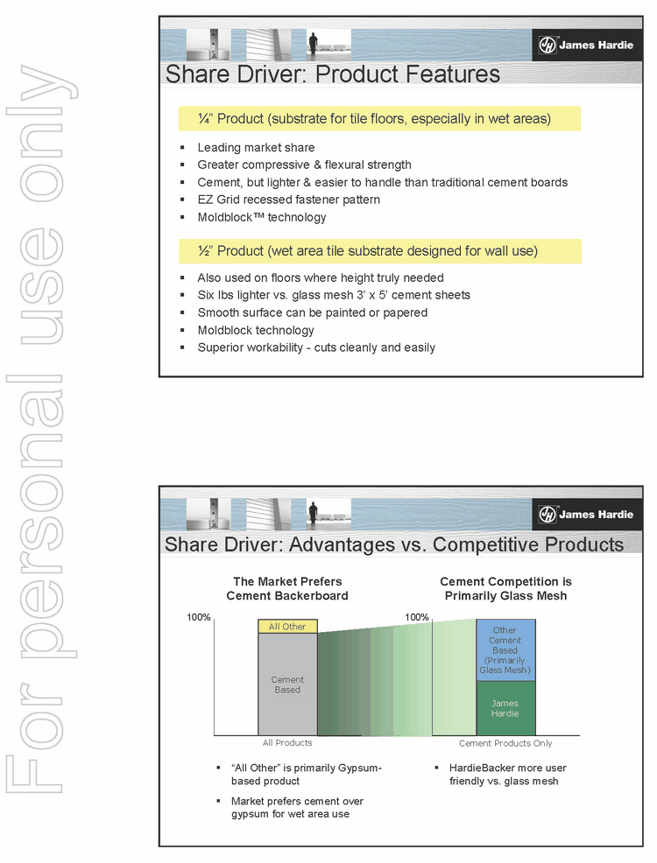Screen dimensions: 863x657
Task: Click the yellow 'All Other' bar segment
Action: pyautogui.click(x=287, y=626)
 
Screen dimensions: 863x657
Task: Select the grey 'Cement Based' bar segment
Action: pyautogui.click(x=287, y=684)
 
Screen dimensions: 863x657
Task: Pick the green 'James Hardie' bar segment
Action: pyautogui.click(x=505, y=708)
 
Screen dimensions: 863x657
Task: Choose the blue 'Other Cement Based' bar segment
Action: pyautogui.click(x=505, y=649)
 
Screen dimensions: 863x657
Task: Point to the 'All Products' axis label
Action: pyautogui.click(x=287, y=743)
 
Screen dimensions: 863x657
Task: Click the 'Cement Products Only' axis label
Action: pyautogui.click(x=505, y=743)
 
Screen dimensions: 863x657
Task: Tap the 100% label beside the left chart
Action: pyautogui.click(x=199, y=617)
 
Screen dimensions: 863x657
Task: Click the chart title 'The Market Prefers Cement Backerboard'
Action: pyautogui.click(x=287, y=588)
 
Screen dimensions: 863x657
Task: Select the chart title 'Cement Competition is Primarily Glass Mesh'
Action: pyautogui.click(x=505, y=588)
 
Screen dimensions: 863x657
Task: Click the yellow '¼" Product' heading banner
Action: pyautogui.click(x=378, y=118)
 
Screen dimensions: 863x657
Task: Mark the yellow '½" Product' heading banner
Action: pyautogui.click(x=378, y=251)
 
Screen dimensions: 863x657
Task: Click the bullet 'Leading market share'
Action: pyautogui.click(x=256, y=147)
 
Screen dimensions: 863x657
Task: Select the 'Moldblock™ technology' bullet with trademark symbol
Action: pyautogui.click(x=261, y=217)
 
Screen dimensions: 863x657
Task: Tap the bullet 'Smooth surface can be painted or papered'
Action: pyautogui.click(x=312, y=312)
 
